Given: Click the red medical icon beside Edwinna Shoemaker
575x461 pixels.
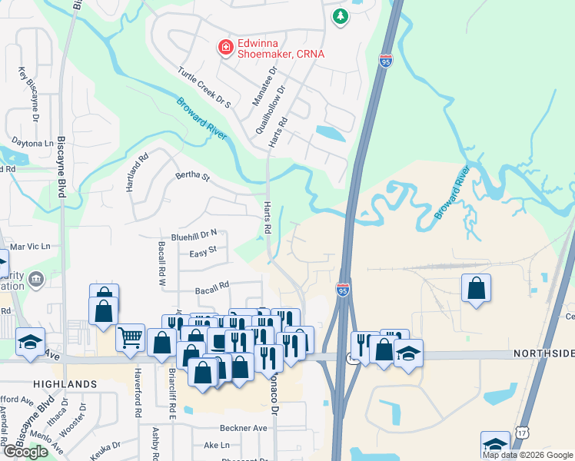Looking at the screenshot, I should pyautogui.click(x=226, y=48).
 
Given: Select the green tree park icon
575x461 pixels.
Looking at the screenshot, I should pyautogui.click(x=340, y=15).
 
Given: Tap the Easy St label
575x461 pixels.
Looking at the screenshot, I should pyautogui.click(x=203, y=250).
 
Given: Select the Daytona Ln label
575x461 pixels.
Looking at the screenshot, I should pyautogui.click(x=32, y=144).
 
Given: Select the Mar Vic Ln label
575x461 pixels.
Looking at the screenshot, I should pyautogui.click(x=29, y=247).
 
